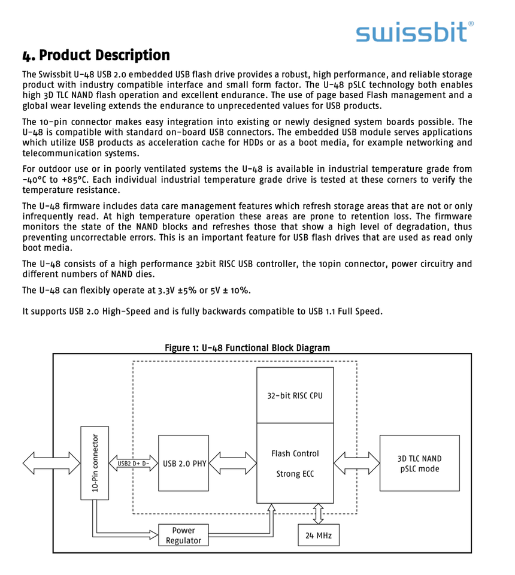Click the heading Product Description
tap(104, 56)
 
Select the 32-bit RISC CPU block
tap(295, 395)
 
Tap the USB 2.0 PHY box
tap(184, 464)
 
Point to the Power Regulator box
tap(183, 535)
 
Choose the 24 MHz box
tap(318, 535)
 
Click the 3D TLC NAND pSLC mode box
tap(419, 464)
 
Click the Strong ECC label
tap(295, 474)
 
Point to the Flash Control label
tap(295, 453)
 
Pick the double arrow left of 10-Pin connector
tap(51, 463)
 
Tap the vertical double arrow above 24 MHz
tap(318, 513)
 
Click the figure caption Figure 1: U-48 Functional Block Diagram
tap(247, 348)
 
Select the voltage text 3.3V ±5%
tap(177, 290)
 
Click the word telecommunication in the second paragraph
tap(56, 153)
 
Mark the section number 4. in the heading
tap(29, 56)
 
